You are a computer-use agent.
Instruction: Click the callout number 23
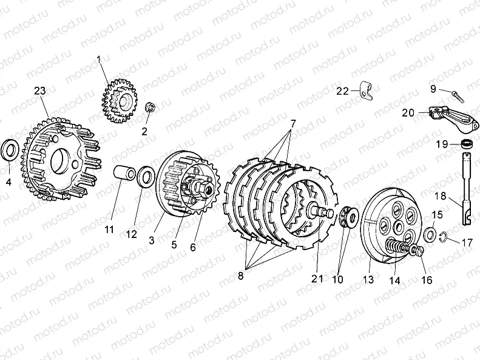pyautogui.click(x=40, y=91)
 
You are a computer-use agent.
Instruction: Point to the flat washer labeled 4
pyautogui.click(x=11, y=150)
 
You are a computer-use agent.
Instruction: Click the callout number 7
pyautogui.click(x=293, y=124)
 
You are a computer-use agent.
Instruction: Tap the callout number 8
pyautogui.click(x=241, y=276)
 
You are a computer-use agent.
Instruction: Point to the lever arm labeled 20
pyautogui.click(x=453, y=120)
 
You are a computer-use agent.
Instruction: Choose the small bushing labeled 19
pyautogui.click(x=466, y=144)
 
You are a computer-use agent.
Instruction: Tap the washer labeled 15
pyautogui.click(x=430, y=234)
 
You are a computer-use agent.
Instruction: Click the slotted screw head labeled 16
pyautogui.click(x=417, y=250)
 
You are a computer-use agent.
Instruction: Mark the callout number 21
pyautogui.click(x=317, y=278)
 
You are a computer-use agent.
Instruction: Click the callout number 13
pyautogui.click(x=368, y=279)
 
